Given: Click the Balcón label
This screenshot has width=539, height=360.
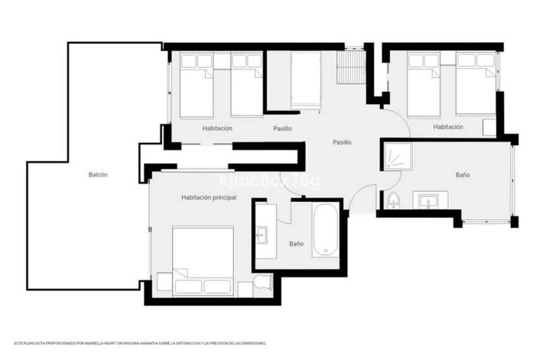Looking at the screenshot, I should click(x=98, y=175).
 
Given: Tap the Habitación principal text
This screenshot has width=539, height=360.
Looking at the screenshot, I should click(x=209, y=198).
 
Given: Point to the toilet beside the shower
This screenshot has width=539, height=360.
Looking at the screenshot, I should click(x=393, y=201).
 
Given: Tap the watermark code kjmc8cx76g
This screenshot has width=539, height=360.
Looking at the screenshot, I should click(x=269, y=181).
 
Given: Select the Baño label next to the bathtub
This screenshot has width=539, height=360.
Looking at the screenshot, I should click(x=296, y=245).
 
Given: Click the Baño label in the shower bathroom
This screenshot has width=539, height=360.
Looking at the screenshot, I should click(x=463, y=175).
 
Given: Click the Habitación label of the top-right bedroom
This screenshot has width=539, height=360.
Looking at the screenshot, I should click(x=448, y=128).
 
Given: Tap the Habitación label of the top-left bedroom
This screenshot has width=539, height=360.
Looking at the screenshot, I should click(x=217, y=128).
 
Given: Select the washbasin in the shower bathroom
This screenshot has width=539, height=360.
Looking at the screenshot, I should click(x=427, y=201).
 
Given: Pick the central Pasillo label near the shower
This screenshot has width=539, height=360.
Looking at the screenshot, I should click(x=342, y=142).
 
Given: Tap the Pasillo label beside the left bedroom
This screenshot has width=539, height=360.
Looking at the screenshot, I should click(x=282, y=128).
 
